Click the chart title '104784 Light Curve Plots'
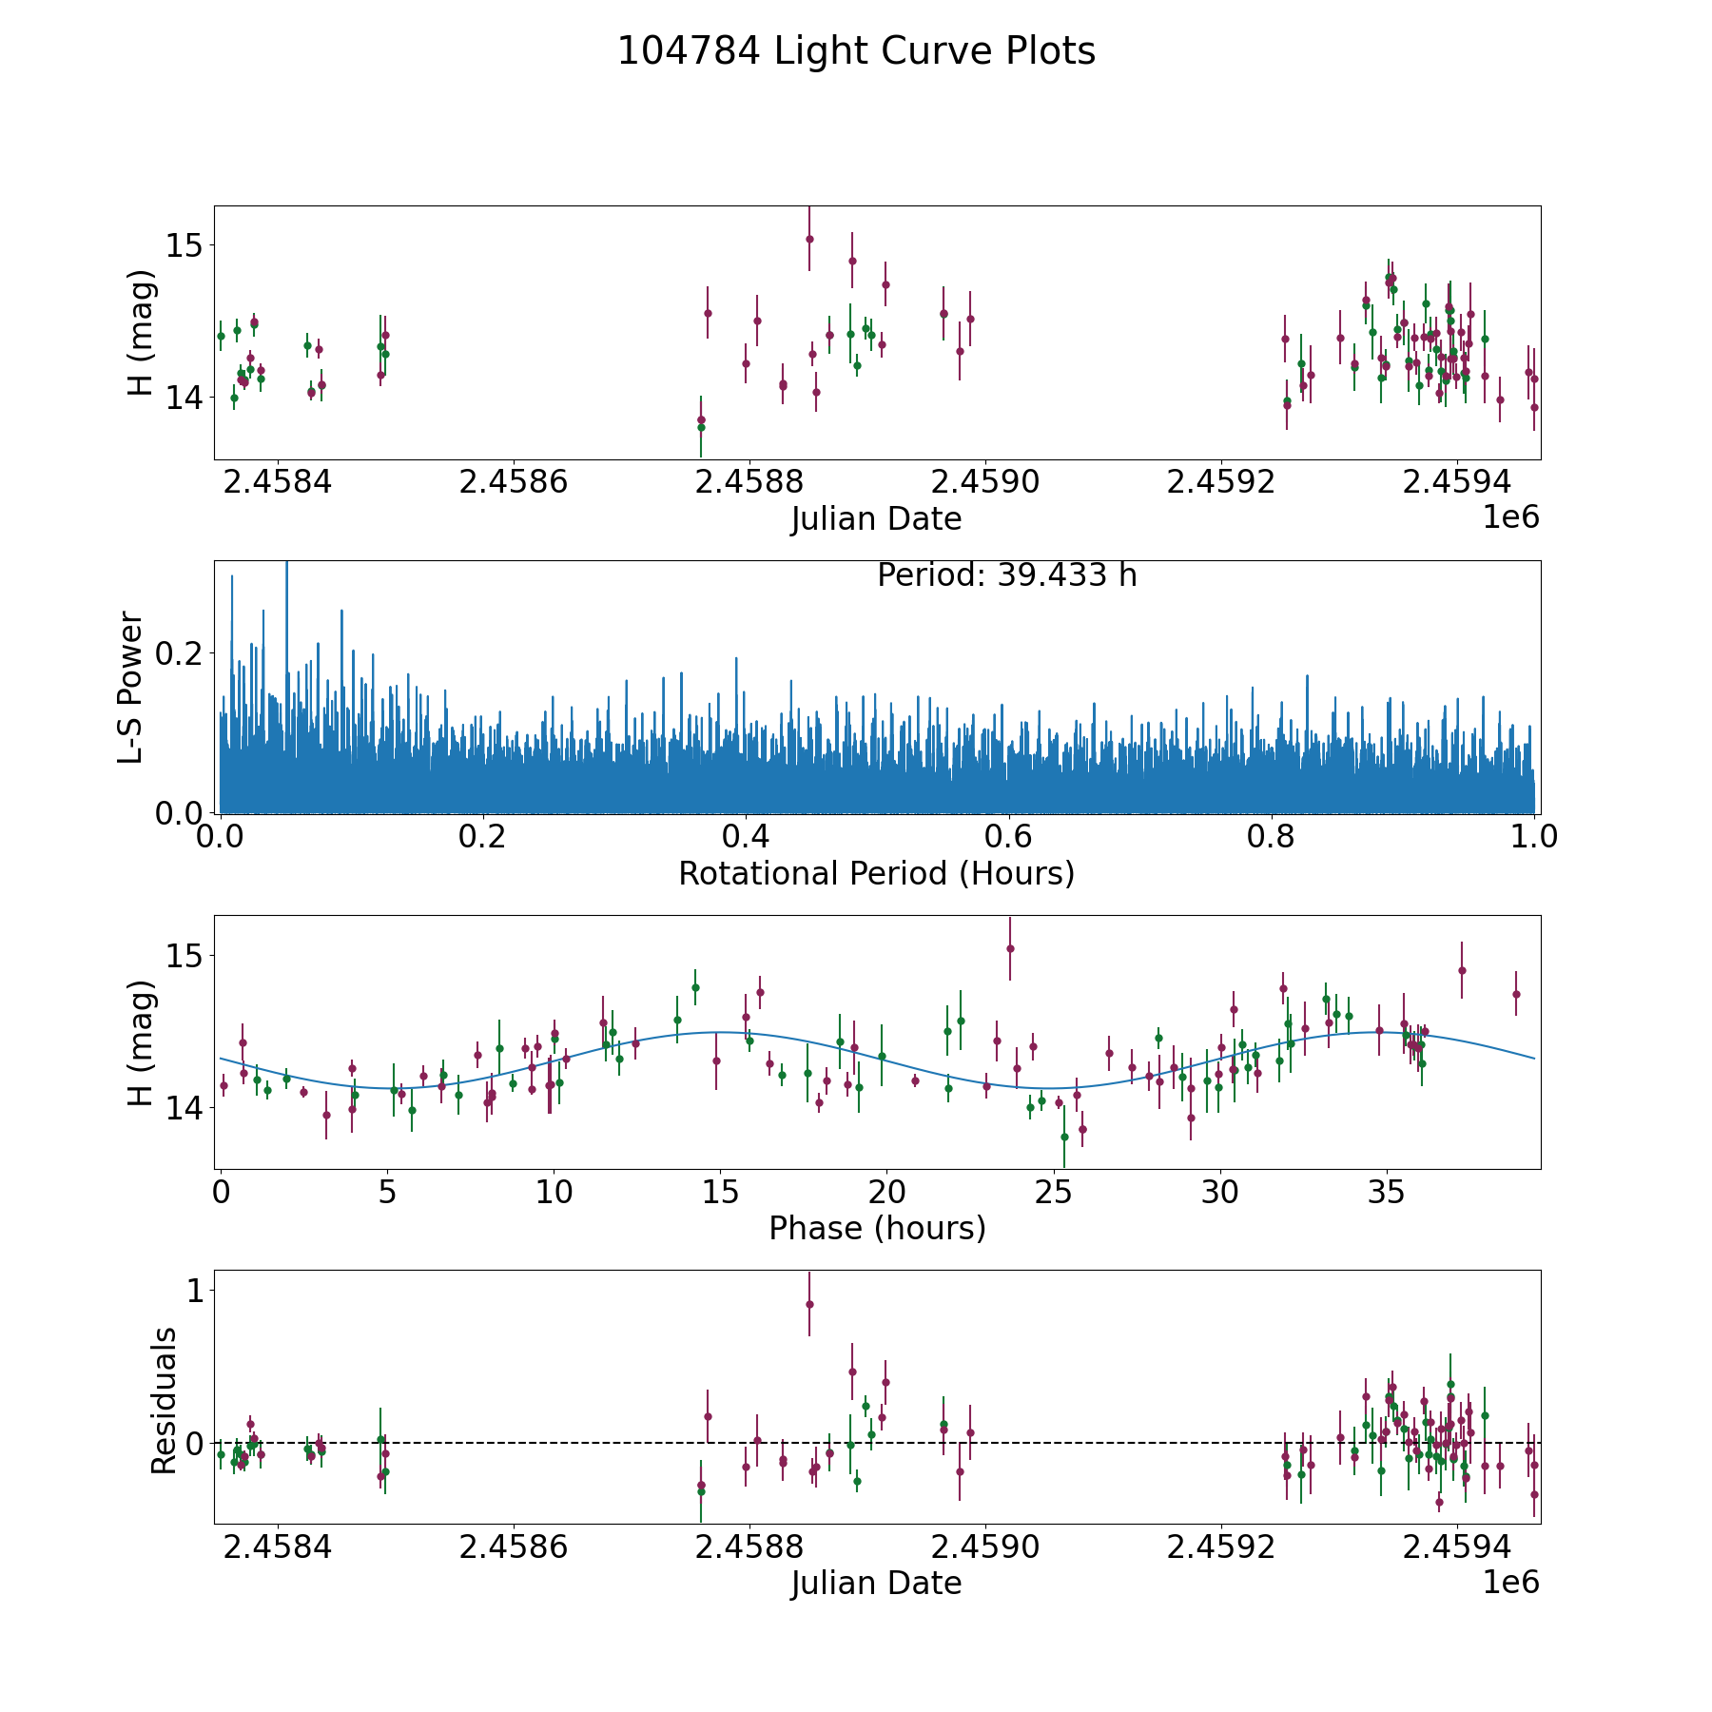[x=856, y=51]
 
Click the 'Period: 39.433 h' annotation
[x=1006, y=575]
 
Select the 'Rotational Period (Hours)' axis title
[x=876, y=873]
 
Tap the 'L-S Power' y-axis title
[x=130, y=687]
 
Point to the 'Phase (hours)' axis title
[x=876, y=1228]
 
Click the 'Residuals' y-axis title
[x=164, y=1400]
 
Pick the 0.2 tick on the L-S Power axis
[x=185, y=652]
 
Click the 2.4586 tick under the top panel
[x=513, y=482]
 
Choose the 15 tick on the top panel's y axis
[x=185, y=245]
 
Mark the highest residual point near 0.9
[x=809, y=1304]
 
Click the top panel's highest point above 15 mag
[x=809, y=239]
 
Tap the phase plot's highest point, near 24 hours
[x=1010, y=948]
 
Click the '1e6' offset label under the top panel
[x=1510, y=517]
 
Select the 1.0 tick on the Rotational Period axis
[x=1534, y=838]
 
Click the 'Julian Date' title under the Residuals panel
[x=876, y=1583]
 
